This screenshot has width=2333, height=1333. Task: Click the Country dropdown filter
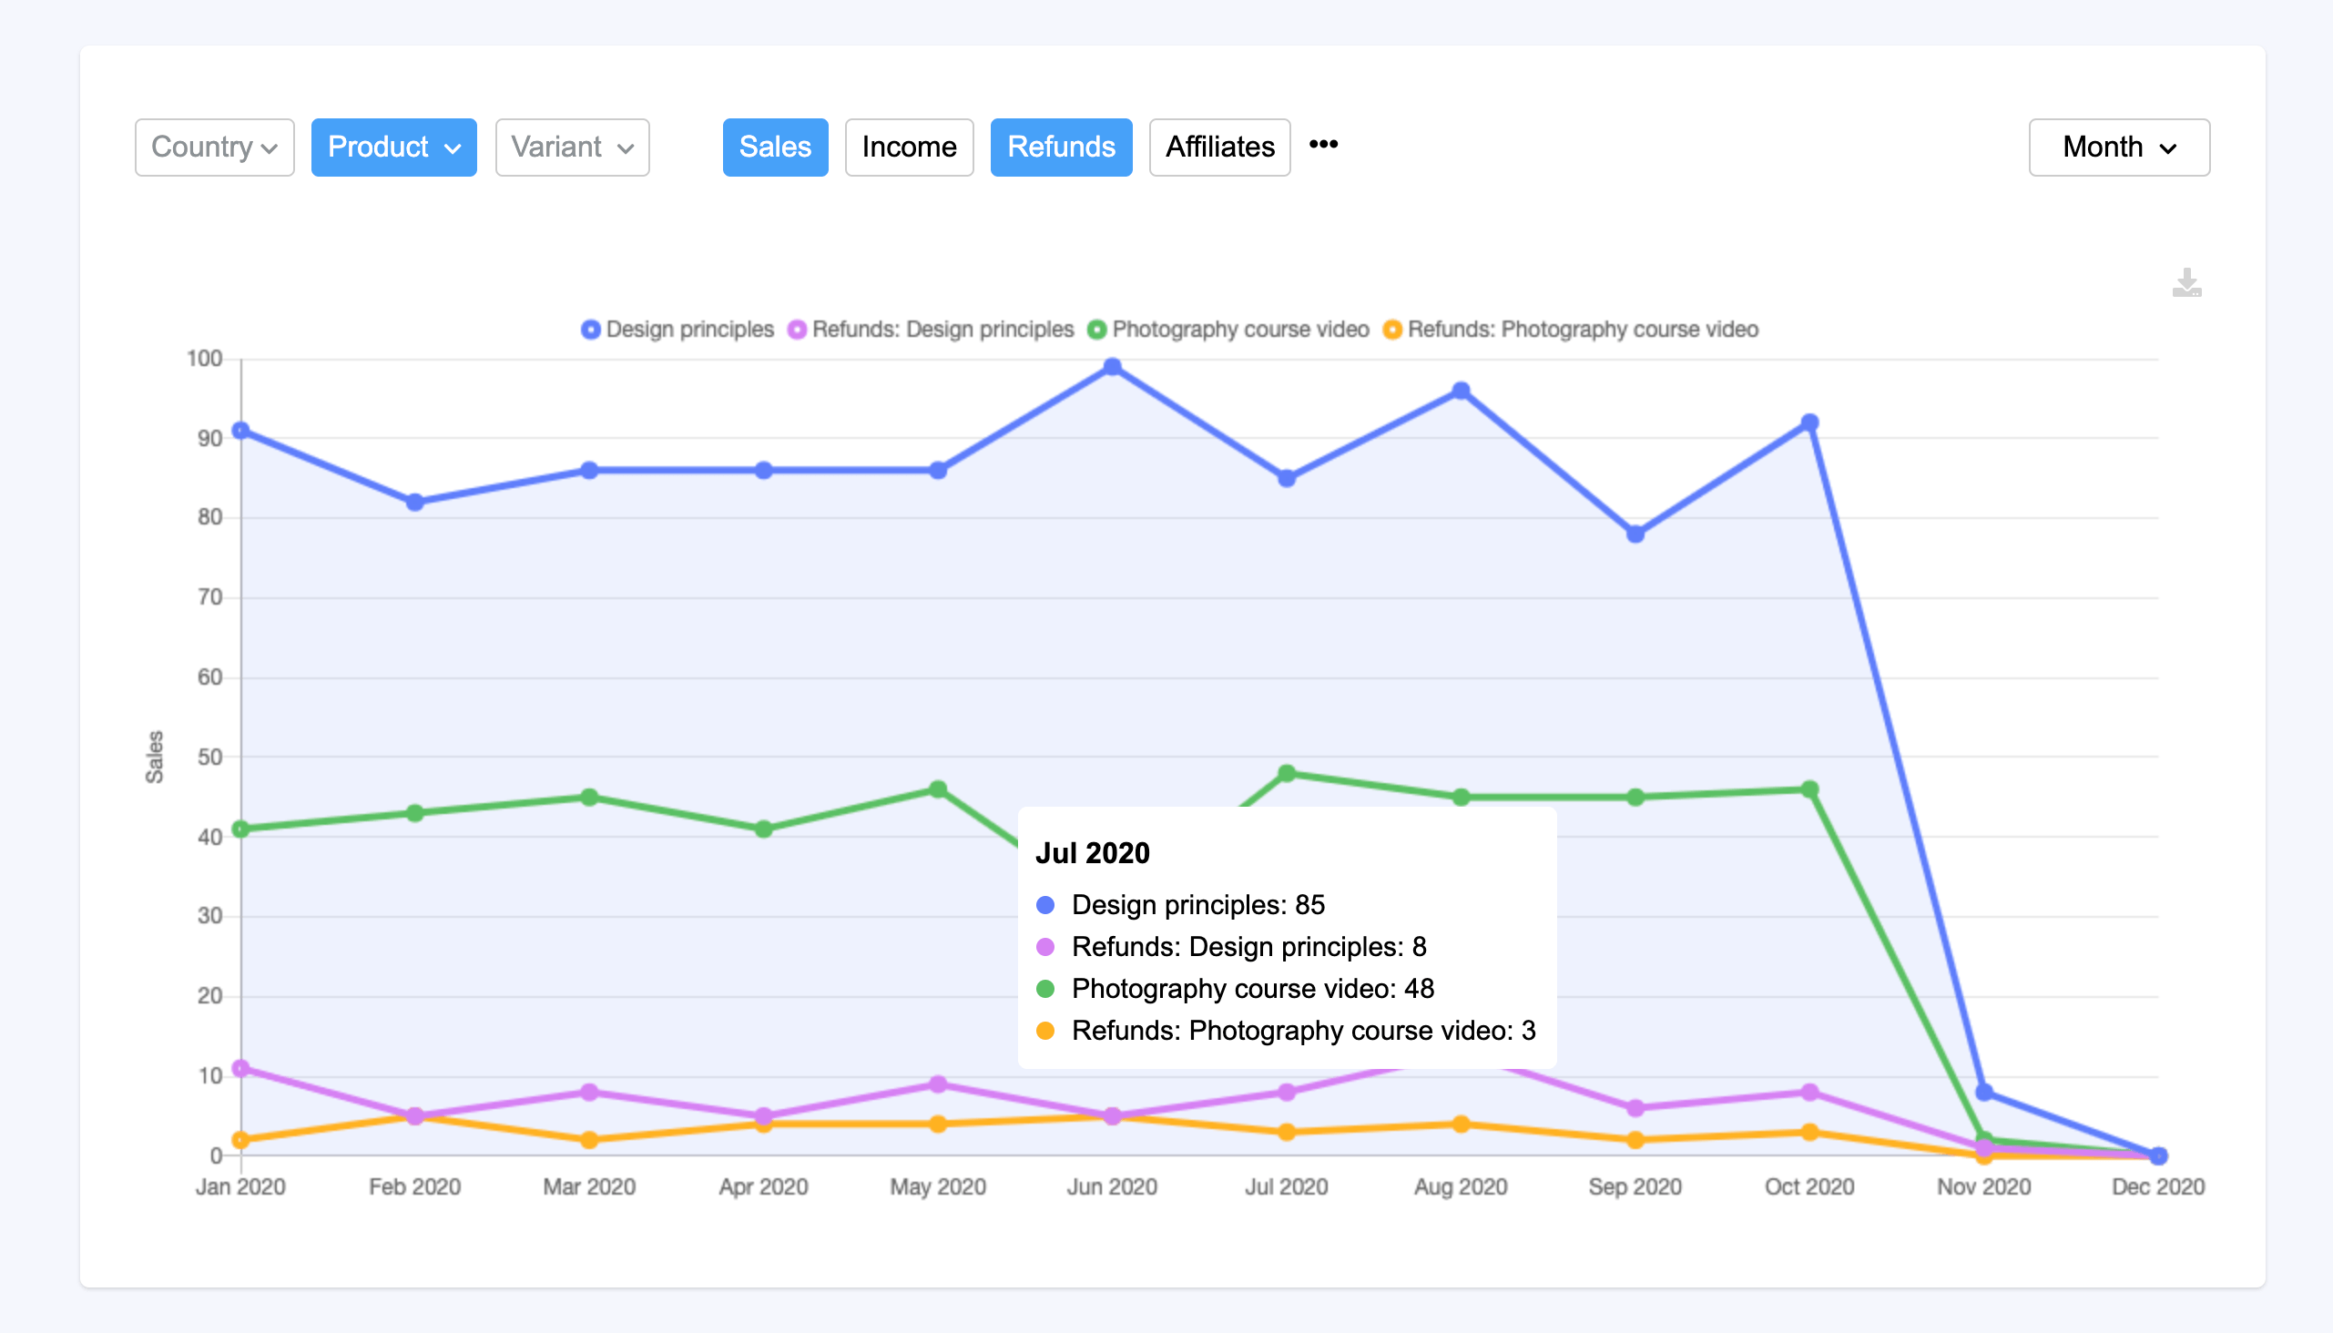click(x=214, y=147)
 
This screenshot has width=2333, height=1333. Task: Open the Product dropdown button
click(x=393, y=147)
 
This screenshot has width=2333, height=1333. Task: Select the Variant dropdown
click(x=572, y=147)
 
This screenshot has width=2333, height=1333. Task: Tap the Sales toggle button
click(x=775, y=147)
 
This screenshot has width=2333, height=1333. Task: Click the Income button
click(x=908, y=147)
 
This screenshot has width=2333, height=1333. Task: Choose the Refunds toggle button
click(x=1060, y=147)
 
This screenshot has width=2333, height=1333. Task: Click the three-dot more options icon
click(x=1323, y=145)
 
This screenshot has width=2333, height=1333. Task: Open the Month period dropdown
click(x=2118, y=147)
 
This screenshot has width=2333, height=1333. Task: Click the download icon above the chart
click(x=2186, y=283)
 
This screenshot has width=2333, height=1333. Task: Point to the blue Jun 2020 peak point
click(x=1112, y=367)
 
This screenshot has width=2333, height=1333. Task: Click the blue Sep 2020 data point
click(x=1635, y=534)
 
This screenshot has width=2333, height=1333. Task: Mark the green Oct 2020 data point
click(x=1809, y=789)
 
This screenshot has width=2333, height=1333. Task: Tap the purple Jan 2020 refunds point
click(x=240, y=1068)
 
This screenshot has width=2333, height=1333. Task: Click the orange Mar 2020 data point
click(x=590, y=1140)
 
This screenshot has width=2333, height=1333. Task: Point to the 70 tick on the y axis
click(x=210, y=597)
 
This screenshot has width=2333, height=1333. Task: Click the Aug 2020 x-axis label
click(x=1461, y=1186)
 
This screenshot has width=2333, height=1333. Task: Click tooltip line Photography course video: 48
click(x=1252, y=989)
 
